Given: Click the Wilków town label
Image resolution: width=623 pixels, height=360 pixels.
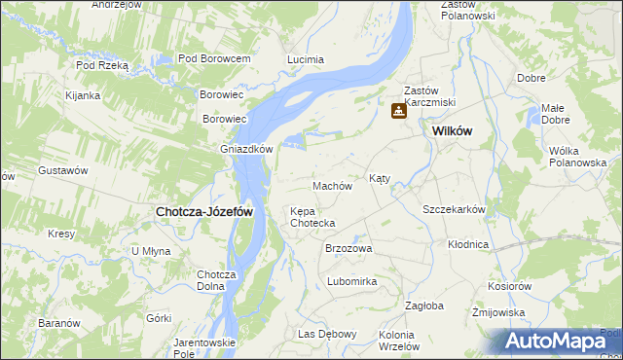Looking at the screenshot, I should [x=453, y=131].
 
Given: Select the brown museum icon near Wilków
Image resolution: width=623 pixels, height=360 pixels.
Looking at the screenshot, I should [x=398, y=112].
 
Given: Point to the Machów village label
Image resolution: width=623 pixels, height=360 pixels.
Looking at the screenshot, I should [x=331, y=186].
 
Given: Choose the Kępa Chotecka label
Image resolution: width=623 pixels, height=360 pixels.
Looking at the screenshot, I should [x=313, y=217].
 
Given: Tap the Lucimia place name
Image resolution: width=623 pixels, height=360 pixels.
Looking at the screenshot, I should [x=305, y=59].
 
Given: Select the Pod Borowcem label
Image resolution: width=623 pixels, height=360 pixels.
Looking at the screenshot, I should [x=214, y=59].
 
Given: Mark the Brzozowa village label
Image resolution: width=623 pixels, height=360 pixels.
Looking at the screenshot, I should [x=348, y=249].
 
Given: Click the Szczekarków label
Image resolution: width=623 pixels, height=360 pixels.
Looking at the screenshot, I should [x=454, y=209].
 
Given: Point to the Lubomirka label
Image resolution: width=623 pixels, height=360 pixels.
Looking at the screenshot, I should [x=352, y=281].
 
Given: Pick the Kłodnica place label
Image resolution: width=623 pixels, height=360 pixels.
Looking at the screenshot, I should [x=468, y=244].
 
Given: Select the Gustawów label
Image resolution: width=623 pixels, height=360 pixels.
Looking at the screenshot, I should [x=63, y=170].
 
